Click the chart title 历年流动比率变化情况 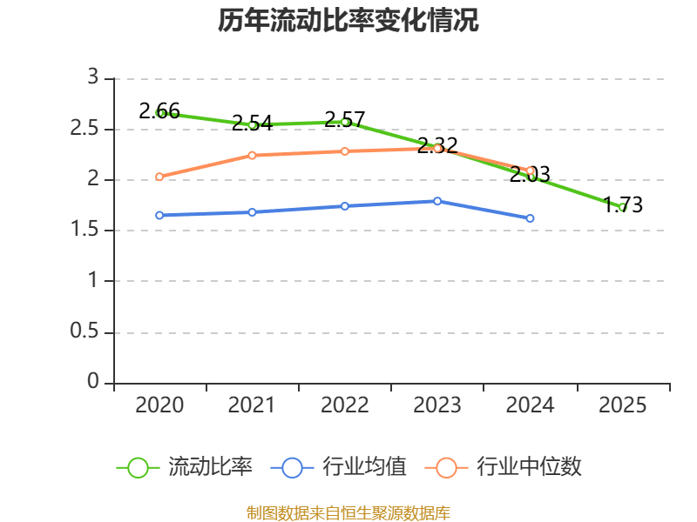[348, 20]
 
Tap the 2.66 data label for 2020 [159, 111]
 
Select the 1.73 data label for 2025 [623, 204]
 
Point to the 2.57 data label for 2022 [344, 119]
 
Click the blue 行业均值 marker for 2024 [530, 218]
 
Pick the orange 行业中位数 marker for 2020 [159, 177]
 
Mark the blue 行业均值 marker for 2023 [437, 201]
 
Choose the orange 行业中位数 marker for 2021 [252, 156]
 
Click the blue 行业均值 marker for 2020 [159, 215]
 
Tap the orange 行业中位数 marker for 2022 [344, 151]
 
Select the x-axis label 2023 [437, 405]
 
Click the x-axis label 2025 [622, 405]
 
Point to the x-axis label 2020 [159, 405]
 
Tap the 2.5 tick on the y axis [84, 129]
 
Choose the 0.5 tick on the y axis [84, 331]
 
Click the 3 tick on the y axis [93, 77]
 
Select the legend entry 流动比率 [185, 467]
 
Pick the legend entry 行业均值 [338, 467]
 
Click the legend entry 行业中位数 [504, 467]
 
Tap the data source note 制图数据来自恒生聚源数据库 [348, 513]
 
